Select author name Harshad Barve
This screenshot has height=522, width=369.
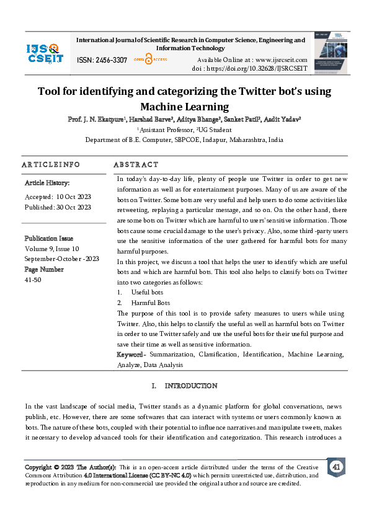pyautogui.click(x=149, y=119)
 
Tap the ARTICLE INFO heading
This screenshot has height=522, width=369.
pyautogui.click(x=51, y=165)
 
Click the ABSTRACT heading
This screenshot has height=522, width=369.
pyautogui.click(x=136, y=165)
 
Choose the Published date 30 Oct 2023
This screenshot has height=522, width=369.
pyautogui.click(x=74, y=207)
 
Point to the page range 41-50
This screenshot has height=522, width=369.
pyautogui.click(x=34, y=280)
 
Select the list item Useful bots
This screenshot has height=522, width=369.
pyautogui.click(x=147, y=292)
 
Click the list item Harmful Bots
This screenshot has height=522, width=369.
pyautogui.click(x=150, y=303)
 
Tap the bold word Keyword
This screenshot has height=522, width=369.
pyautogui.click(x=130, y=355)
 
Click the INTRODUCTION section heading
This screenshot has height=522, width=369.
pyautogui.click(x=191, y=386)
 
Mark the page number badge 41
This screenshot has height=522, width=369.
pyautogui.click(x=336, y=467)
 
